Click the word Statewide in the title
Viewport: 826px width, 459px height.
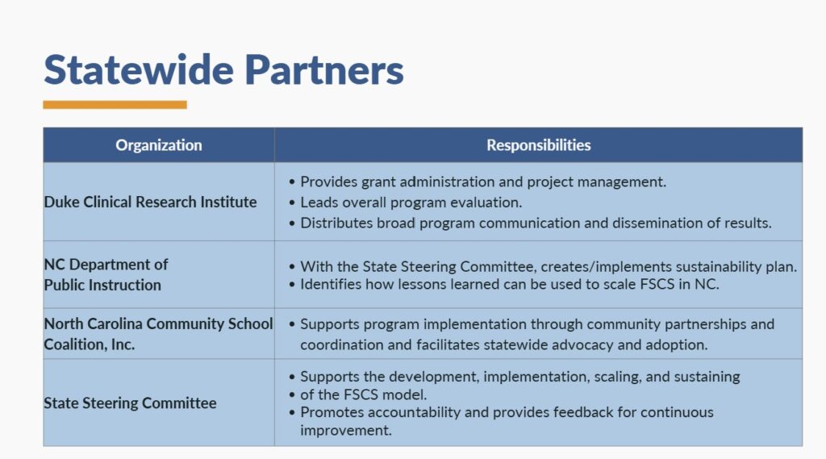tap(139, 69)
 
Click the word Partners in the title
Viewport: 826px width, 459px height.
tap(324, 69)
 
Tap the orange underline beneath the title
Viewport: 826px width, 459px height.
tap(115, 105)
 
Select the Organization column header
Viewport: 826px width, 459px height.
tap(159, 145)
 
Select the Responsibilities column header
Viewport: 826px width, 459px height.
tap(538, 145)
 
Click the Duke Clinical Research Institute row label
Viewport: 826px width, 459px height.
tap(150, 202)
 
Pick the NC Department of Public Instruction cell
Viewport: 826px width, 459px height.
tap(106, 274)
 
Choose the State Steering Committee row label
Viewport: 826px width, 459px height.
tap(130, 403)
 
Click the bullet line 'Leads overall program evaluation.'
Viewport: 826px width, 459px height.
tap(411, 202)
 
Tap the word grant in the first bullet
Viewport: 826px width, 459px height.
tap(378, 182)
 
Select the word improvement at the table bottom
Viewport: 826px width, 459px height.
tap(346, 430)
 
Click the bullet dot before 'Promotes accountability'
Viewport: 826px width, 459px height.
tap(292, 412)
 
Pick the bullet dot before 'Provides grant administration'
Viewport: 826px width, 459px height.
tap(292, 182)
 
